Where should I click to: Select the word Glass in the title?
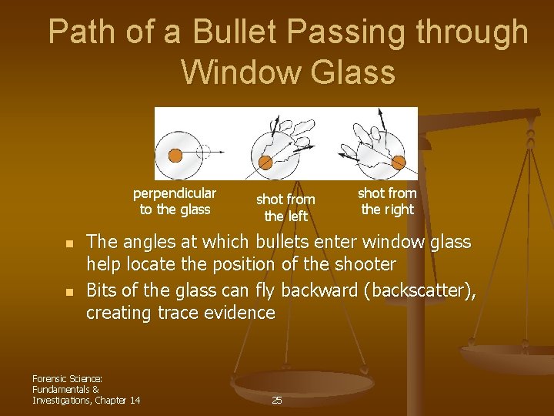[x=355, y=72]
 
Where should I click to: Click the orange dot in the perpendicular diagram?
[x=175, y=155]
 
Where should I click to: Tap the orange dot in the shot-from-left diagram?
[x=265, y=162]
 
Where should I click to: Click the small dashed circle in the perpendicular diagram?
[x=202, y=151]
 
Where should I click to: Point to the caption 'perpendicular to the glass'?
[x=175, y=201]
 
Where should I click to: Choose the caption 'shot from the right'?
[x=387, y=201]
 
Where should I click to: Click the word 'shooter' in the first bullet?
[x=365, y=264]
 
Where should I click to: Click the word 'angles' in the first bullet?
[x=145, y=243]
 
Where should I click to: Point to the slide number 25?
[x=277, y=400]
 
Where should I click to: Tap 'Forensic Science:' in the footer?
[x=68, y=378]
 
